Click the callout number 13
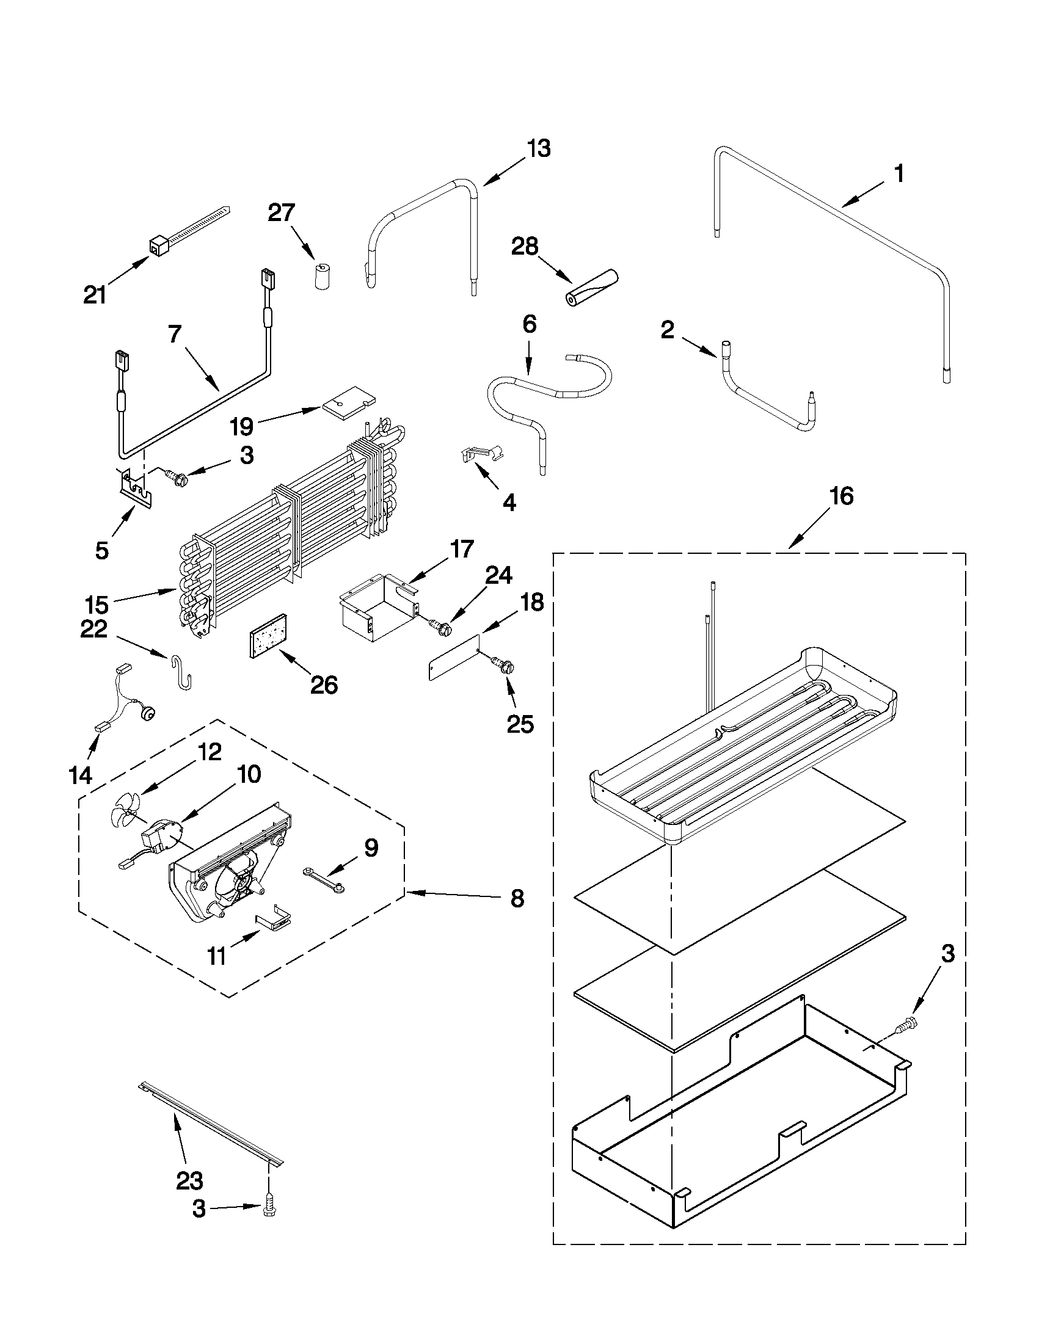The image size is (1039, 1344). click(x=539, y=149)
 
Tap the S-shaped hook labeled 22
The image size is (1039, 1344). click(x=180, y=673)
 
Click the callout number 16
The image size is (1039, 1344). click(x=842, y=495)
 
